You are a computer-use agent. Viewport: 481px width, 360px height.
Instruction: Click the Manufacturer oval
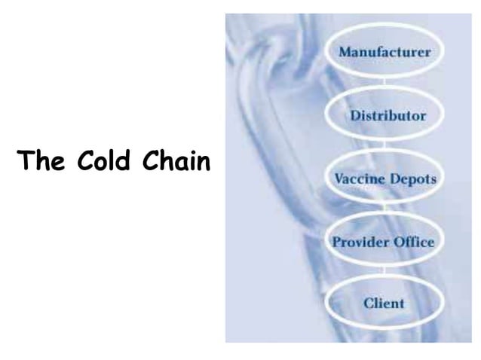click(x=384, y=53)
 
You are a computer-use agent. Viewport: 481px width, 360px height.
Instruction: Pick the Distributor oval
click(x=386, y=116)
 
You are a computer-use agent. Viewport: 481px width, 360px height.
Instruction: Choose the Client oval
click(x=384, y=304)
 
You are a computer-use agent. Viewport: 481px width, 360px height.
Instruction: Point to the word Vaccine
click(x=357, y=181)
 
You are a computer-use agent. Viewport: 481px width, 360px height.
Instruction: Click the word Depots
click(x=412, y=181)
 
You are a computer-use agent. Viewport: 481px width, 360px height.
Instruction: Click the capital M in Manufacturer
click(x=345, y=53)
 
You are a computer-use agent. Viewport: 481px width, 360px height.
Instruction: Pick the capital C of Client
click(x=369, y=304)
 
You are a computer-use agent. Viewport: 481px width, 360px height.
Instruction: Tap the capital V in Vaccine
click(x=339, y=181)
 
